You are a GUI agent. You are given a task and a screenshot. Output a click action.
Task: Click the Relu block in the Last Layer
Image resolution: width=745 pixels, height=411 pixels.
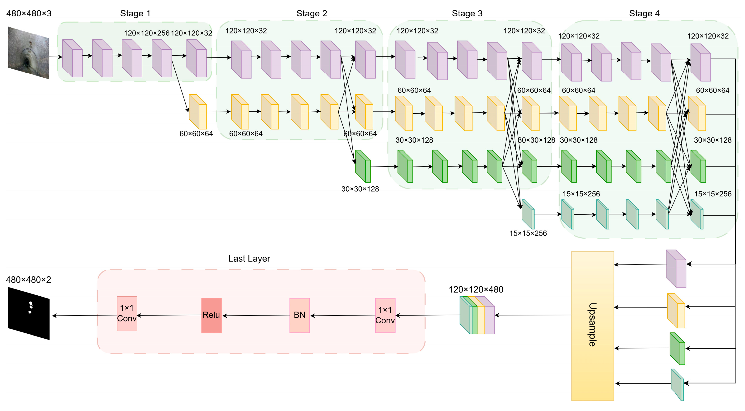pos(211,315)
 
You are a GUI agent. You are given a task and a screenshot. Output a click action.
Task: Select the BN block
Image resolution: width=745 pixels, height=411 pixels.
pos(299,315)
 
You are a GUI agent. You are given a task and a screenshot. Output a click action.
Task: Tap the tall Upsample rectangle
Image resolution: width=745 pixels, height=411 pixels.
pos(592,326)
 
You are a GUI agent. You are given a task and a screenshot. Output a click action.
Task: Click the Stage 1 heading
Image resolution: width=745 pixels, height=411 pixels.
pos(135,14)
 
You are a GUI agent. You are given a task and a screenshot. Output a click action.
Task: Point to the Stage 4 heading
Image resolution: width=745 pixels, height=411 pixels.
pos(644,14)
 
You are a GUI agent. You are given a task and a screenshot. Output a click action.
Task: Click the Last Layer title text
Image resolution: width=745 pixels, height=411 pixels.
pos(249,258)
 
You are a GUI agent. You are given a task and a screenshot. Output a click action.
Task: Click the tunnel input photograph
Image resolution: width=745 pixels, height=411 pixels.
pos(28,53)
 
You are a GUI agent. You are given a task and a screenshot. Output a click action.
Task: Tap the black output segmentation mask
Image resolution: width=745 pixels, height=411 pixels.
pos(29,313)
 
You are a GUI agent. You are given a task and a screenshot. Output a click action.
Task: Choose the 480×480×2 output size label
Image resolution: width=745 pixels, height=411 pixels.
pos(28,280)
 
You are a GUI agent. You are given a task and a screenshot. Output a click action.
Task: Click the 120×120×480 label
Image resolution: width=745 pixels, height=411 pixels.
pos(476,290)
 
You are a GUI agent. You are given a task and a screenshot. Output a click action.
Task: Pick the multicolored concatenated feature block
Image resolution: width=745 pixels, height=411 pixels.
pos(477,315)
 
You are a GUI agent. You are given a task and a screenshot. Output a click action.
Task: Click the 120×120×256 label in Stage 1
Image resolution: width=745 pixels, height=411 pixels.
pos(147,33)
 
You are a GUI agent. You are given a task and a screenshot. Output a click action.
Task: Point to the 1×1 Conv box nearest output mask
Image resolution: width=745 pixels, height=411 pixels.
pos(127,314)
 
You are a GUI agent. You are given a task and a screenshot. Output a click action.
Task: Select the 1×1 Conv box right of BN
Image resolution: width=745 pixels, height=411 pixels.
pos(385,315)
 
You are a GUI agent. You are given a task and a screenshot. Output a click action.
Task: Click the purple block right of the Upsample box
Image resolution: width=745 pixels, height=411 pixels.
pos(676,269)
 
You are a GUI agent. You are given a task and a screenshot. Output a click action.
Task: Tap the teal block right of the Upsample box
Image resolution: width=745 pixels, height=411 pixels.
pos(677,385)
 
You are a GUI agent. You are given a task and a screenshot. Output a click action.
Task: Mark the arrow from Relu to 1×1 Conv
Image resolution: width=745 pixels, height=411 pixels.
pos(169,315)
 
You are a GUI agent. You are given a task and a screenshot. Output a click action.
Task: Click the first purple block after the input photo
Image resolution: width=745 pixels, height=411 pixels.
pos(72,59)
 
